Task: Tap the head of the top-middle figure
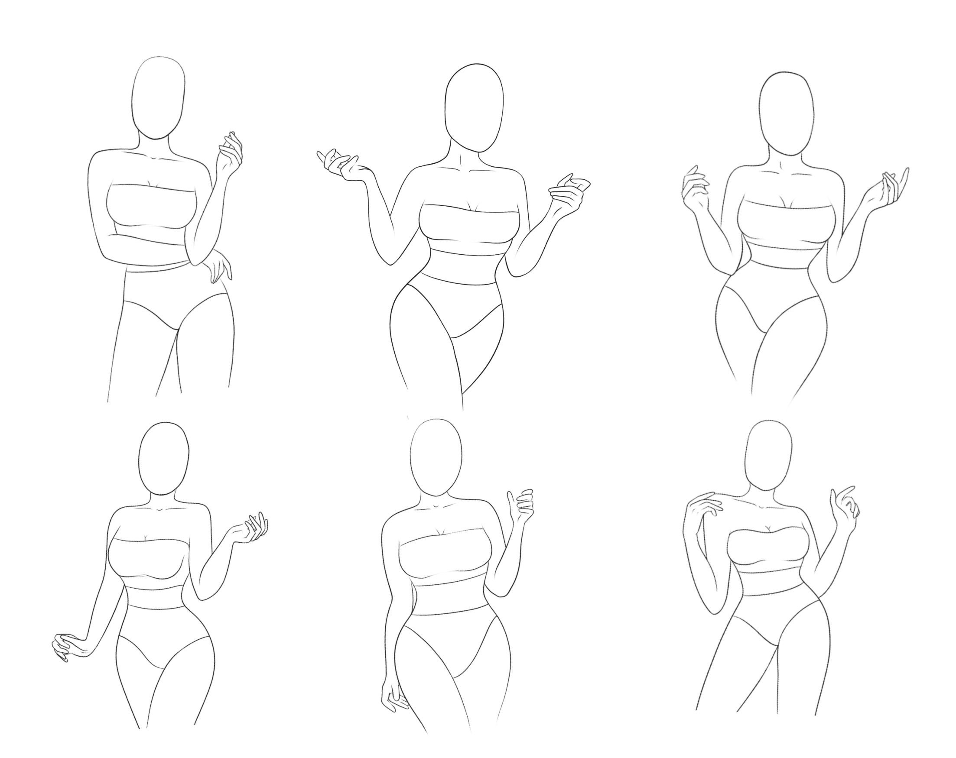(x=474, y=109)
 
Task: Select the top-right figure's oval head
(x=787, y=113)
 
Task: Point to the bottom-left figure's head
(x=164, y=458)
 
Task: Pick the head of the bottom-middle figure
(x=436, y=457)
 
